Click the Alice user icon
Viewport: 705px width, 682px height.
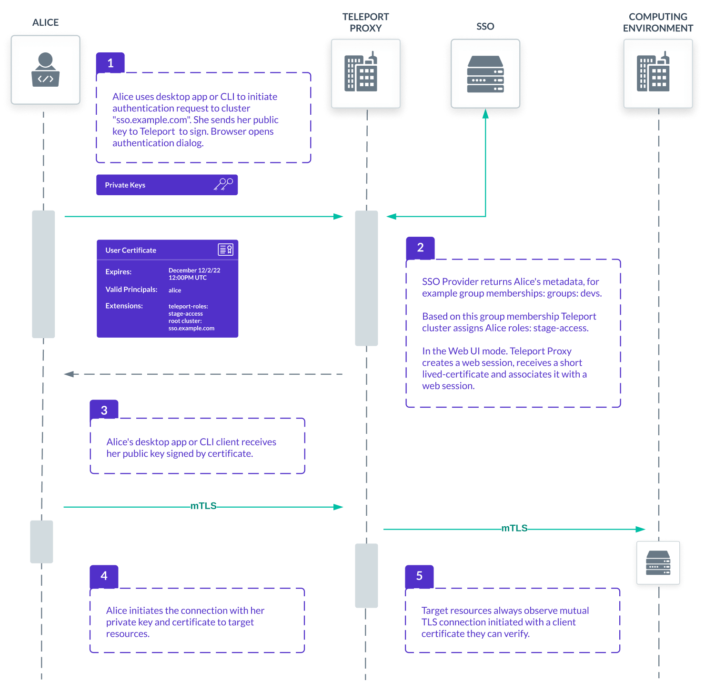(45, 70)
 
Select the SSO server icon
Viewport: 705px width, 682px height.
(485, 74)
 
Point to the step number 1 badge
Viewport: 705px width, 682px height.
(111, 63)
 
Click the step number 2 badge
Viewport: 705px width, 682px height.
(420, 247)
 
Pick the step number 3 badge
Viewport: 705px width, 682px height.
(104, 410)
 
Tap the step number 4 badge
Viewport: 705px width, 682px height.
(104, 575)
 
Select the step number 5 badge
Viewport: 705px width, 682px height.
(419, 575)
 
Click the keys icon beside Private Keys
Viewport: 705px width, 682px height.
(223, 184)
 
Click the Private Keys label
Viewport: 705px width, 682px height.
(125, 185)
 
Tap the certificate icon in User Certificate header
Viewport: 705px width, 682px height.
(225, 250)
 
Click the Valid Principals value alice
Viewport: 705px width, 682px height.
(175, 290)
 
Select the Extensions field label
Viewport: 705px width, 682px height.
(124, 306)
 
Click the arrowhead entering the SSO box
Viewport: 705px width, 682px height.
(485, 114)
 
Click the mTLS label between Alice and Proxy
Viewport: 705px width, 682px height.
(203, 506)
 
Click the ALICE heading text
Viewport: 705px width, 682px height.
(46, 22)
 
